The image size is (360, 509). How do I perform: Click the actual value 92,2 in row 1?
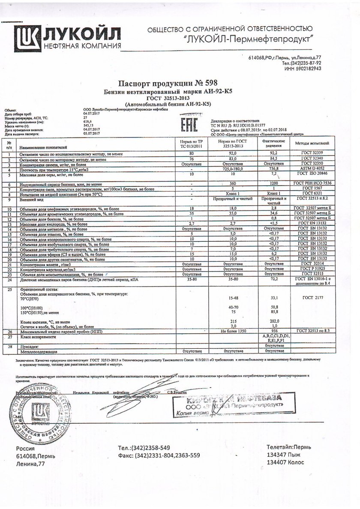pyautogui.click(x=274, y=153)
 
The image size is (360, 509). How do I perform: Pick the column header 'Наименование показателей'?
pyautogui.click(x=47, y=147)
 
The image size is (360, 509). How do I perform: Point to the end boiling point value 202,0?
pyautogui.click(x=274, y=321)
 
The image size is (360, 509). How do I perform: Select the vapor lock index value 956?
pyautogui.click(x=274, y=332)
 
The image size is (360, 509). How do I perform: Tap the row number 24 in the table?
pyautogui.click(x=8, y=279)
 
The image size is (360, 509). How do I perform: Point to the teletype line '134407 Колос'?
pyautogui.click(x=285, y=462)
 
